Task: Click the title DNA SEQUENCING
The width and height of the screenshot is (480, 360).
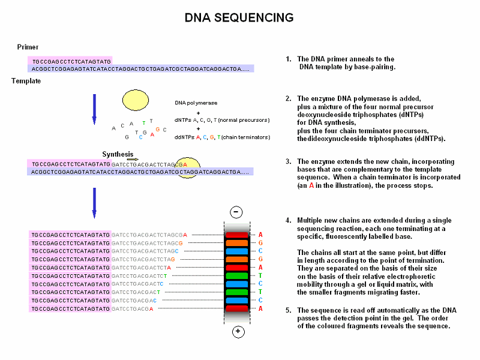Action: (x=239, y=18)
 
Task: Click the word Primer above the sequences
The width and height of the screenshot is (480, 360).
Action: (x=28, y=47)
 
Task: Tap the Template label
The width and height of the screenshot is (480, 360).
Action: (x=26, y=81)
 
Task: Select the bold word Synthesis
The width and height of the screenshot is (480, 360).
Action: (x=118, y=154)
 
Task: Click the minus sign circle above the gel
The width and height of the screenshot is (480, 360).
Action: (x=237, y=212)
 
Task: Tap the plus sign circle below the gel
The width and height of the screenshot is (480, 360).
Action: (x=238, y=332)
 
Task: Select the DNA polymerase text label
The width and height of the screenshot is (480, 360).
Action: (x=196, y=103)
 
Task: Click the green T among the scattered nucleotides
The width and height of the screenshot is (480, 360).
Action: (x=143, y=123)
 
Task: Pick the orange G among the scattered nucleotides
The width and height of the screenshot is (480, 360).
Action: (x=157, y=130)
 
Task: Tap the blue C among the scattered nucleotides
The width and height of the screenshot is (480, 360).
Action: (x=140, y=137)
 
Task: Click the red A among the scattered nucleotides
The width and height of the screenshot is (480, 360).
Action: (x=152, y=134)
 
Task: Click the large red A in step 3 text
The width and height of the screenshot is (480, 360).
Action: (x=311, y=186)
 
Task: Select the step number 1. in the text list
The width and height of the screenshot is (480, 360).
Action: (x=289, y=59)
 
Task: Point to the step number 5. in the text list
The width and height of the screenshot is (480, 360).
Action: (x=289, y=310)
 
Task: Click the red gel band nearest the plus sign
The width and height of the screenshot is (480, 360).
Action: (x=238, y=308)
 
